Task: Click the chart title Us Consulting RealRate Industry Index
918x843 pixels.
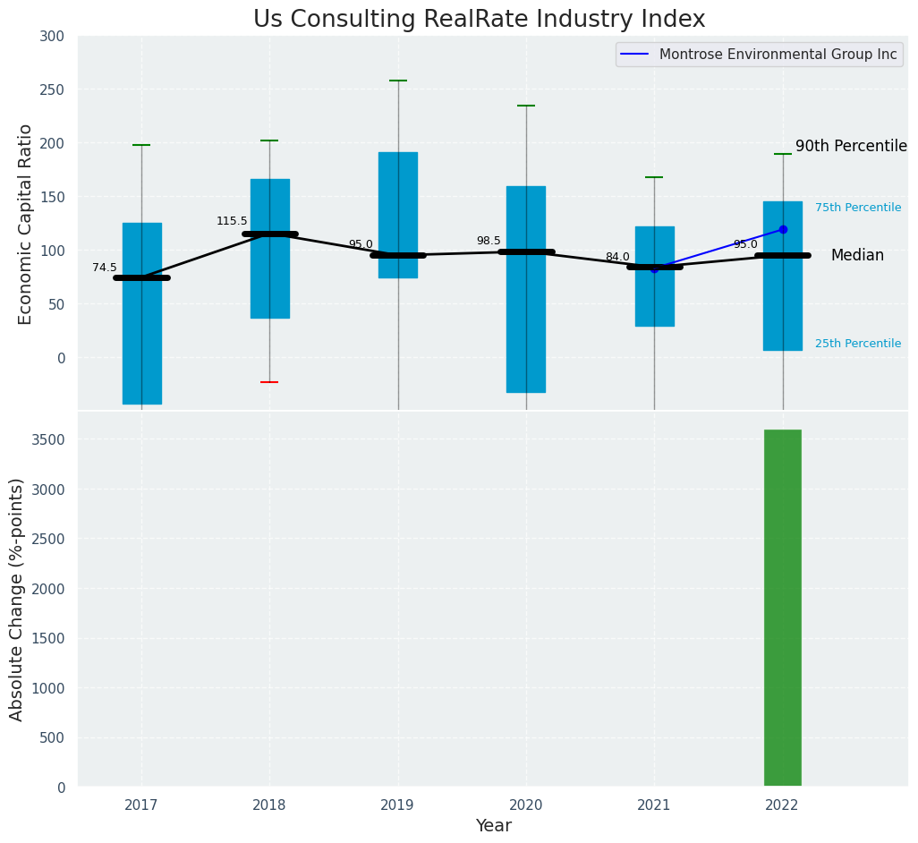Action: [x=479, y=20]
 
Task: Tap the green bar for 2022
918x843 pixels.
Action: [x=782, y=608]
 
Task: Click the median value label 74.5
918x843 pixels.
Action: [x=105, y=268]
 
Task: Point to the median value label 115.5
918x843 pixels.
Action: [x=232, y=221]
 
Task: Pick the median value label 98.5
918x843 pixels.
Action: [x=489, y=241]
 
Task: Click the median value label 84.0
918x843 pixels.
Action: [x=617, y=257]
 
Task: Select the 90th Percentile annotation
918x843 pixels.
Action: [x=851, y=147]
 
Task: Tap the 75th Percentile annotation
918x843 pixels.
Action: [x=858, y=208]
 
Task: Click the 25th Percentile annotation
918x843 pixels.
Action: [x=858, y=344]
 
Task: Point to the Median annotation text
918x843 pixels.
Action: [x=857, y=256]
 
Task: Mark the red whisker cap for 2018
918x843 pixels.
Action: [x=269, y=382]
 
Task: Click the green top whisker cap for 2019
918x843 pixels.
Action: [x=398, y=81]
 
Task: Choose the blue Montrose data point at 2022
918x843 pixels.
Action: [x=783, y=230]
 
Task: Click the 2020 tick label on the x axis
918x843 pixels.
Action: [x=526, y=805]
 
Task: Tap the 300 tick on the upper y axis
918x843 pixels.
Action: [x=53, y=37]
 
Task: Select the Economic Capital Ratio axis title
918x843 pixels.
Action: [x=26, y=224]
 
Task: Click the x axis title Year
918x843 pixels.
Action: [x=493, y=826]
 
